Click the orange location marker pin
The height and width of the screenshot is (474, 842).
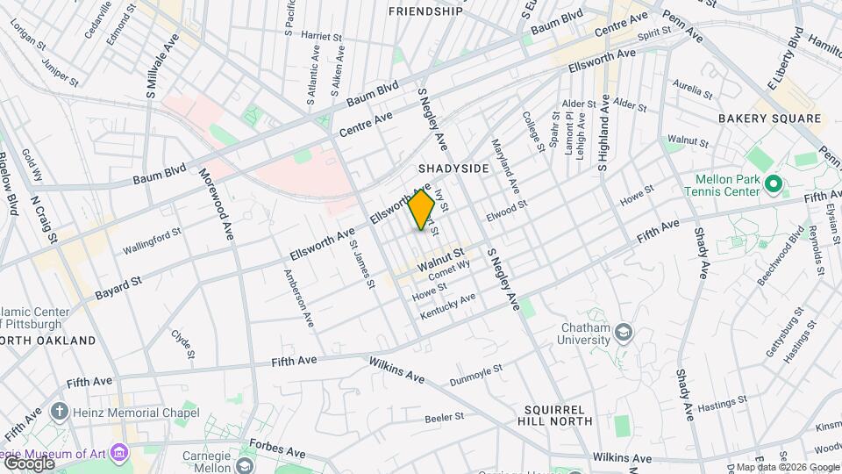point(422,209)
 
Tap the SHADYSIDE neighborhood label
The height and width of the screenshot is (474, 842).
point(453,168)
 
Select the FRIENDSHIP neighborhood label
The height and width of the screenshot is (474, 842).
point(425,11)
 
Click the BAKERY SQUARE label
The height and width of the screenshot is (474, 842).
point(760,118)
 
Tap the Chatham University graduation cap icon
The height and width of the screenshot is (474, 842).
point(623,332)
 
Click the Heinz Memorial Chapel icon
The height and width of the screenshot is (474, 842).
point(60,412)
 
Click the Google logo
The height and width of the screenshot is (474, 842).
point(28,463)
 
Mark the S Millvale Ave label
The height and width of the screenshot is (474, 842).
point(162,67)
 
